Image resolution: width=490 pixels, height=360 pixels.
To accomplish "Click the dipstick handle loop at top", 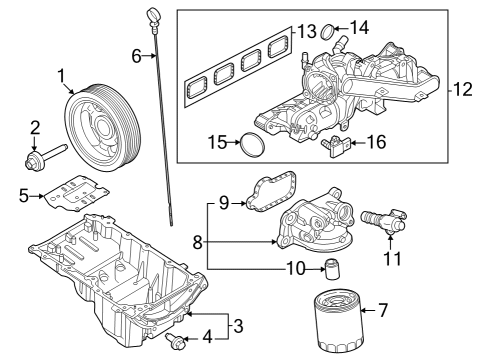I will [152, 14].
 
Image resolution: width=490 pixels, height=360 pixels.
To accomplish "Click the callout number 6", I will [137, 56].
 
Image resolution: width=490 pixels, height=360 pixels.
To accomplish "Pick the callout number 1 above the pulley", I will [62, 74].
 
